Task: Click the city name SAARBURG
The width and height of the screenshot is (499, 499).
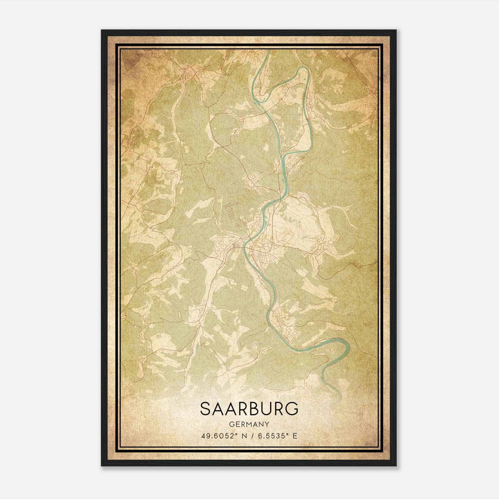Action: point(249,409)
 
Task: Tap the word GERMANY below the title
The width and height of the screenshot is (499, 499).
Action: point(249,424)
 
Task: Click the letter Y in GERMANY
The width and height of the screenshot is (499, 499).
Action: point(267,424)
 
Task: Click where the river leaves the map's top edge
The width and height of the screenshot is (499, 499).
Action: point(268,51)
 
